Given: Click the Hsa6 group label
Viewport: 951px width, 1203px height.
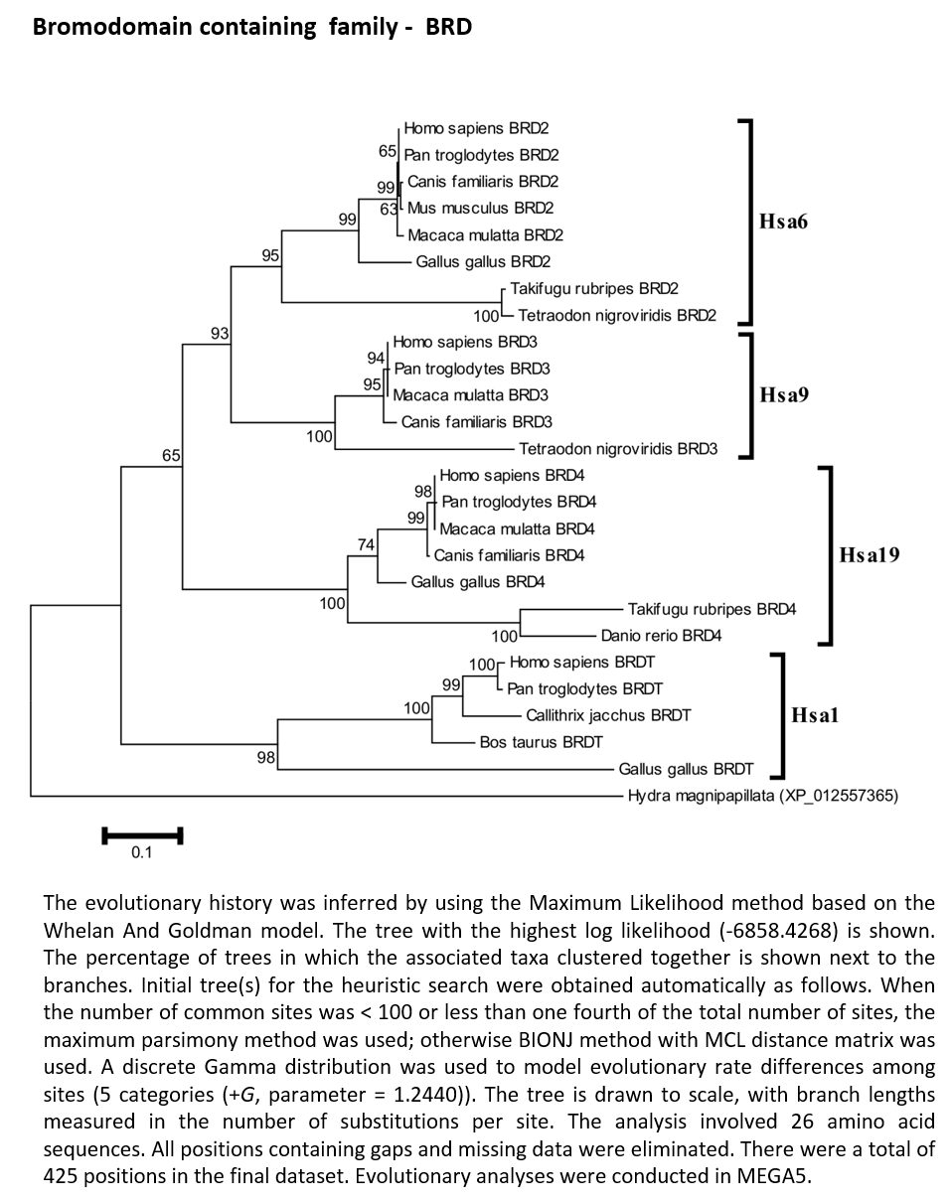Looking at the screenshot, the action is coord(783,222).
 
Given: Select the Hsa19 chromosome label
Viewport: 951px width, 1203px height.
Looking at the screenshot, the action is coord(870,554).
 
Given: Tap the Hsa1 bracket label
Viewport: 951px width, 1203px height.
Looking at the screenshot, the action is coord(815,715).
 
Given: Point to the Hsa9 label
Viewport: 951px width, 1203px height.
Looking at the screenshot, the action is coord(784,394).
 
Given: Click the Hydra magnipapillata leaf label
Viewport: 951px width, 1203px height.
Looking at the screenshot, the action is coord(763,795).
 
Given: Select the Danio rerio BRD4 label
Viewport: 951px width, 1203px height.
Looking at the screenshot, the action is coord(661,636).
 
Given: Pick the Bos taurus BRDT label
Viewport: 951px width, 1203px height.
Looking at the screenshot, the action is coord(541,742).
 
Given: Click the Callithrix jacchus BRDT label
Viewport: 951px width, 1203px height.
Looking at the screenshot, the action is coord(608,715).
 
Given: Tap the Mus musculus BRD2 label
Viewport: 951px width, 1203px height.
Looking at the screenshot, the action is coord(481,208).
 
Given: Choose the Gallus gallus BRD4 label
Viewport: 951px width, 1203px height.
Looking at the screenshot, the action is coord(478,582).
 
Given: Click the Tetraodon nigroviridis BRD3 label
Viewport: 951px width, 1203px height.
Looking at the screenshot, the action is coord(618,449).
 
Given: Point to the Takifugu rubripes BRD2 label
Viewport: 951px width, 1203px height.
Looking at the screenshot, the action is coord(594,288).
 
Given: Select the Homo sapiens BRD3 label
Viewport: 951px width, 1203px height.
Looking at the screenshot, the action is coord(465,342).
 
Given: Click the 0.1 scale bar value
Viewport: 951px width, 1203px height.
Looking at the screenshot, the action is coord(141,852).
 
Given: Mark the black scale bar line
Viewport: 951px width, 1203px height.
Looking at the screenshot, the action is coord(143,835).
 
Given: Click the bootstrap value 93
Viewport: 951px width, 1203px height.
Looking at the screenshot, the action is coord(220,333).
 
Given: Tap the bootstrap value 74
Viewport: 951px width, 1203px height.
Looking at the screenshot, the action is coord(366,544).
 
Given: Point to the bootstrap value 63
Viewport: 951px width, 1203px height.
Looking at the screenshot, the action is coord(389,209).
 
